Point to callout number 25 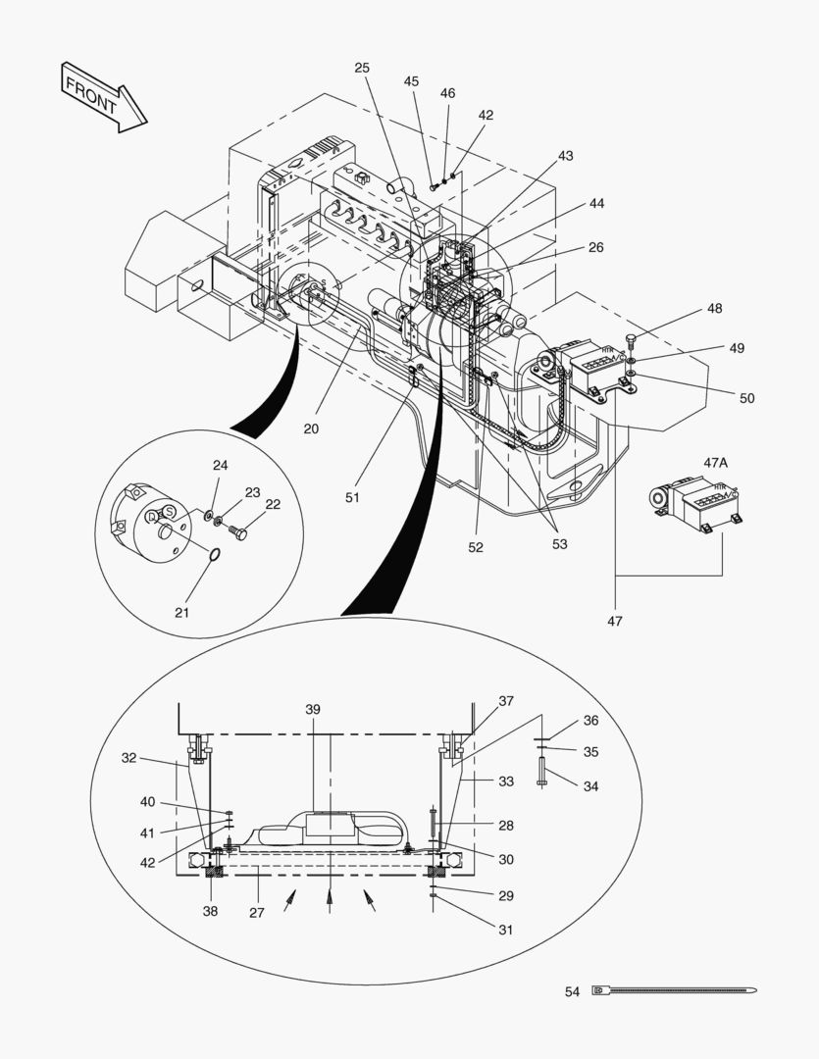point(362,68)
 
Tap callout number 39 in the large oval point(313,709)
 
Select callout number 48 point(714,309)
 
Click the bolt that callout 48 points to point(631,341)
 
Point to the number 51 point(352,497)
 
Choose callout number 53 point(559,543)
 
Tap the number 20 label point(311,429)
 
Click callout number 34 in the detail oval point(590,785)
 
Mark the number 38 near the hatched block point(211,911)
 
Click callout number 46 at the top point(447,93)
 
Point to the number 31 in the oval point(506,929)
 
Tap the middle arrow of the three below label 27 point(330,900)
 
